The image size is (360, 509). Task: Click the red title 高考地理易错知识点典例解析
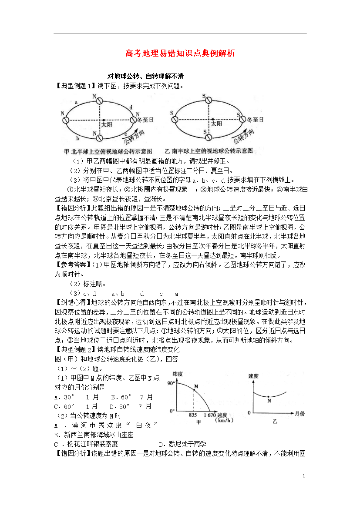click(x=180, y=54)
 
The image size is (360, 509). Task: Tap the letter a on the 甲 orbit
click(x=77, y=102)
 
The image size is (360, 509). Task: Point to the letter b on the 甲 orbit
click(x=77, y=139)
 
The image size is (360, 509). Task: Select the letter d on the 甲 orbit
click(x=131, y=107)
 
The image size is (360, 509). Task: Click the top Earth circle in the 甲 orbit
click(x=100, y=100)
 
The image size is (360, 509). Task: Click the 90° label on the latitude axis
click(x=171, y=383)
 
